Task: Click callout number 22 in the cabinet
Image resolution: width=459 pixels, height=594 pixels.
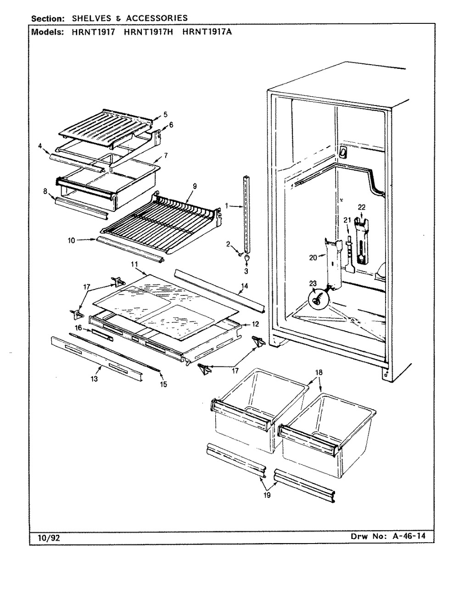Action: pyautogui.click(x=361, y=207)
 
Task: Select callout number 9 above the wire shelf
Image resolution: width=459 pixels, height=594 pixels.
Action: pyautogui.click(x=195, y=186)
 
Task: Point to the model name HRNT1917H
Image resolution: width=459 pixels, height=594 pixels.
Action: pyautogui.click(x=149, y=32)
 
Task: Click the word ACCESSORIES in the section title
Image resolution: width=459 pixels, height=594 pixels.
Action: pyautogui.click(x=157, y=18)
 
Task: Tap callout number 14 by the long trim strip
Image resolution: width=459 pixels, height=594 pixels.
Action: pyautogui.click(x=245, y=286)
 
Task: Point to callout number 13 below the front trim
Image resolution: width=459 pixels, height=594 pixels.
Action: pyautogui.click(x=94, y=379)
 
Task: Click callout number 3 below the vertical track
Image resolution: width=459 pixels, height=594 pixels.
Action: pyautogui.click(x=246, y=271)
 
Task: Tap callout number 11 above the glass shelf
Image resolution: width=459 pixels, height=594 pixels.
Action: pyautogui.click(x=134, y=264)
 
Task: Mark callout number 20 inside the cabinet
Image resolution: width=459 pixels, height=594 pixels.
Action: pyautogui.click(x=313, y=257)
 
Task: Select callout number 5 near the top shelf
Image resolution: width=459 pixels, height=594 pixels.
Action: pyautogui.click(x=166, y=115)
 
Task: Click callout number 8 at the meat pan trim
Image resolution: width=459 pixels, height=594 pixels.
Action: pyautogui.click(x=45, y=191)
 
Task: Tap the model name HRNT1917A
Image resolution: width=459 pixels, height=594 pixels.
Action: pyautogui.click(x=207, y=32)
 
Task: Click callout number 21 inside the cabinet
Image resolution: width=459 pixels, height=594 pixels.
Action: pyautogui.click(x=347, y=220)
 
